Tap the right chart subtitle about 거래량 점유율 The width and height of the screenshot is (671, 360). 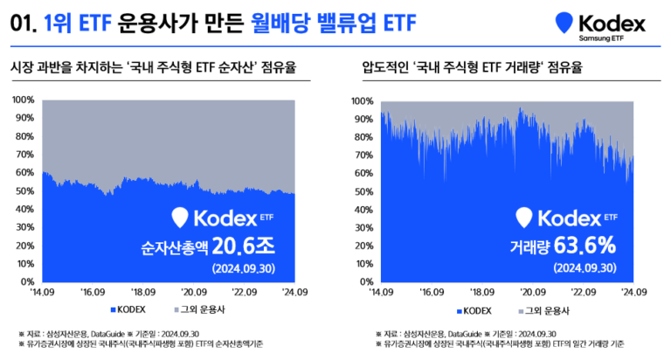tap(472, 66)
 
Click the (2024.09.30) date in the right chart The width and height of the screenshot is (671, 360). tap(584, 267)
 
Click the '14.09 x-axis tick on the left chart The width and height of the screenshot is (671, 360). tap(42, 293)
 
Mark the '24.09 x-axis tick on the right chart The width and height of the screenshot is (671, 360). tap(632, 293)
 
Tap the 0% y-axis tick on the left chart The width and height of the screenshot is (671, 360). tap(27, 282)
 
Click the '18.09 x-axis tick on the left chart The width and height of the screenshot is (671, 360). tap(142, 293)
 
